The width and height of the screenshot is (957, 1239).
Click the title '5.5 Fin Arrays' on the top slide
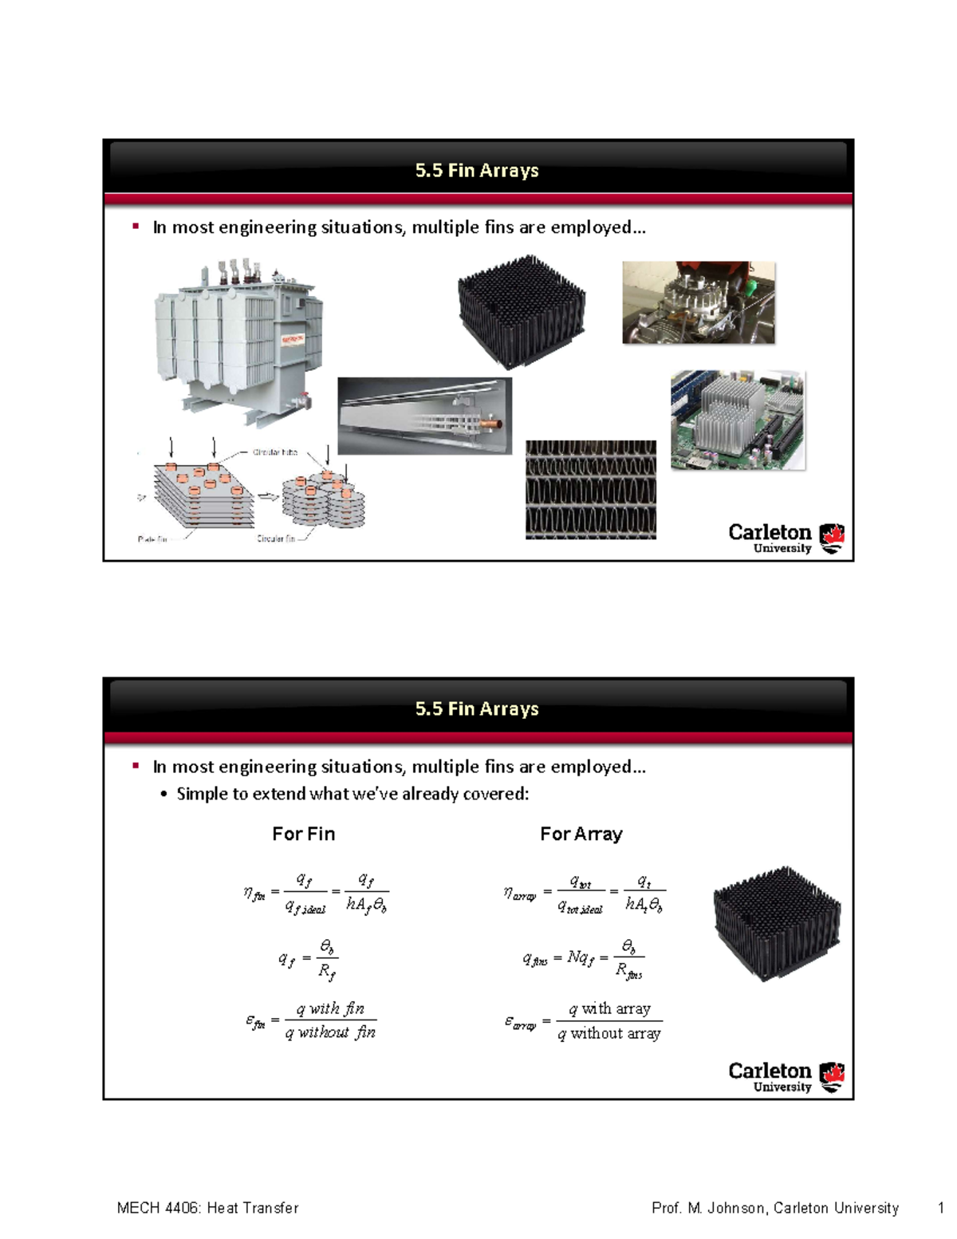click(477, 171)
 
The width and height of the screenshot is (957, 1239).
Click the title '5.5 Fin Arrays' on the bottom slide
click(477, 708)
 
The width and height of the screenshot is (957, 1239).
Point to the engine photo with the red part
click(698, 302)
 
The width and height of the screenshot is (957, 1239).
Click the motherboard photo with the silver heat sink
click(738, 420)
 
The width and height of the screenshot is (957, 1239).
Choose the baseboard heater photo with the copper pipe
click(424, 416)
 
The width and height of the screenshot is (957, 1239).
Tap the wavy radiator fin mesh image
click(590, 490)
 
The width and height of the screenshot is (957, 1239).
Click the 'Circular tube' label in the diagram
click(274, 452)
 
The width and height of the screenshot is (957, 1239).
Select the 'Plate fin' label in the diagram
click(152, 539)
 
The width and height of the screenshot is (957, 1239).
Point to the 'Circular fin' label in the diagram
click(275, 539)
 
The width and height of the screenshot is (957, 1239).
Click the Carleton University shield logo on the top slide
click(832, 538)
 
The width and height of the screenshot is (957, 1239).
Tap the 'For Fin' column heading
click(303, 834)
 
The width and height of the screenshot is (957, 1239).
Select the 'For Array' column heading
click(581, 834)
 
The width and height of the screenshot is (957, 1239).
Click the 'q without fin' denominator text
click(330, 1032)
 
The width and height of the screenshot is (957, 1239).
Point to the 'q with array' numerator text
click(609, 1008)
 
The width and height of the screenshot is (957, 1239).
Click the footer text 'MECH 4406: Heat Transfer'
click(207, 1208)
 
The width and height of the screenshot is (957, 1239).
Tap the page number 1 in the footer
click(941, 1208)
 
